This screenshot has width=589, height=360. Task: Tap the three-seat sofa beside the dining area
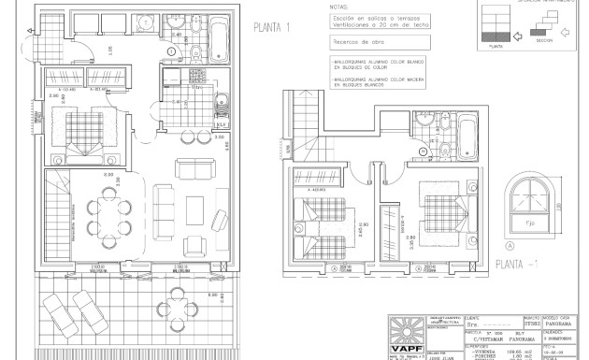(x=165, y=205)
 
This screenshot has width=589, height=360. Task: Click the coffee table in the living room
(x=195, y=205)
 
